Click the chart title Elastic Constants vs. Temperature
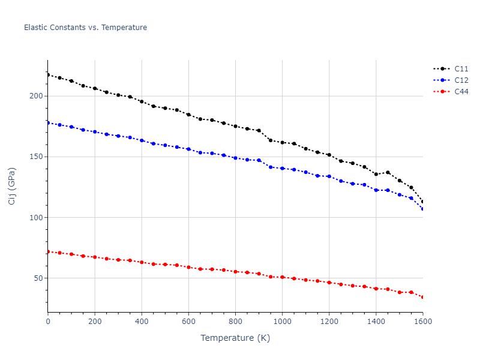(85, 28)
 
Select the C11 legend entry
(461, 69)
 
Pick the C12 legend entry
(461, 80)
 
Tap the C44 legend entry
(461, 92)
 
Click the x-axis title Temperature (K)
(235, 338)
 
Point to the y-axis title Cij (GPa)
(12, 186)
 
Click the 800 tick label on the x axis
(235, 322)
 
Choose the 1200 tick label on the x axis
(329, 322)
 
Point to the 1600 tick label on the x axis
(422, 322)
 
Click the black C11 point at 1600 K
(422, 202)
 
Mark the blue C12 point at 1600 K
(422, 209)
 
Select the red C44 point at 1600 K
(422, 297)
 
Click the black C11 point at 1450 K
(388, 172)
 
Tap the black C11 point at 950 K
(271, 140)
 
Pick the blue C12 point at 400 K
(142, 140)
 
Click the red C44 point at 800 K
(235, 272)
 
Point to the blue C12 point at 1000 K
(282, 168)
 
